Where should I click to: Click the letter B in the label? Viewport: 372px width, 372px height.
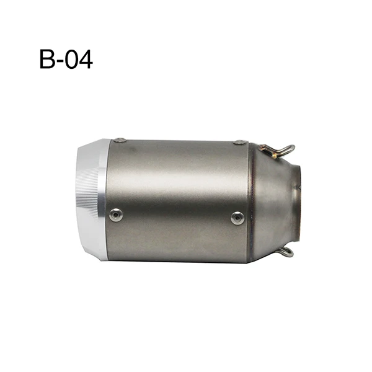click(47, 59)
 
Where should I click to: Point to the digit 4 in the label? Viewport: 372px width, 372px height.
click(86, 59)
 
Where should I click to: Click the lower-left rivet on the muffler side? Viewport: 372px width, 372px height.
click(116, 215)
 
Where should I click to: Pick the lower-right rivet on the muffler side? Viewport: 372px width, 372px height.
click(237, 218)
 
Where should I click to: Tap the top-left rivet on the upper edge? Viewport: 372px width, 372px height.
click(120, 140)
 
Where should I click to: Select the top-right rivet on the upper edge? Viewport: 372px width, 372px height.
click(239, 142)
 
